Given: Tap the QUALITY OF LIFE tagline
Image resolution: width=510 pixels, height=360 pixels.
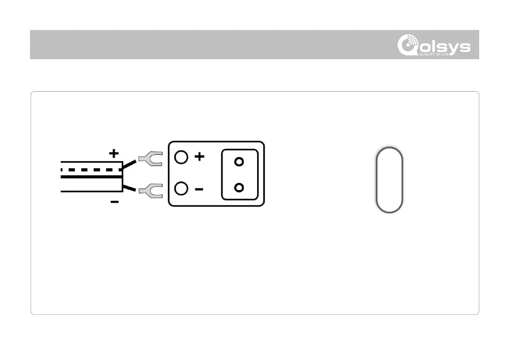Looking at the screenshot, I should (x=435, y=54).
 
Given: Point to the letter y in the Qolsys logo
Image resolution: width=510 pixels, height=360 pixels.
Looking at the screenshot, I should (x=450, y=47).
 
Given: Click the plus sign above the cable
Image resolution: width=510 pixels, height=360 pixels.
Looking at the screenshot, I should (x=114, y=154).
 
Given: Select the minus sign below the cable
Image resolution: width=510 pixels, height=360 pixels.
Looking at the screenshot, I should (x=114, y=202).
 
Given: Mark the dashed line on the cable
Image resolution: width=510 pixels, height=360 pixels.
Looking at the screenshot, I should (x=92, y=170).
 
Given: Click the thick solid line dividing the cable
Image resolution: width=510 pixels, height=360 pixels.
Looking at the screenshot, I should (x=92, y=177).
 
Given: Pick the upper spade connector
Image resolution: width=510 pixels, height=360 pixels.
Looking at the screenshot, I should (x=150, y=159).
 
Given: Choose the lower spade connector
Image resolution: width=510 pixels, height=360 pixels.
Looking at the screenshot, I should (x=150, y=191).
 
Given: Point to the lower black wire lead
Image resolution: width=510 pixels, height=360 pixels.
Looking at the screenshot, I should (x=130, y=188).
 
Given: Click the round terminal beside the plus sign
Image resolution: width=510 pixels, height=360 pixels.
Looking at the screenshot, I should (x=181, y=157).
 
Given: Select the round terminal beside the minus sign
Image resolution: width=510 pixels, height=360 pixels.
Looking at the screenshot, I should (x=181, y=189).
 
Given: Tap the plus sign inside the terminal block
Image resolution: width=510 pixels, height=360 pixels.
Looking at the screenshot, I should (x=200, y=157).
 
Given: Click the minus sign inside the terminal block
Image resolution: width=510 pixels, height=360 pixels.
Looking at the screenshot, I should (x=199, y=189).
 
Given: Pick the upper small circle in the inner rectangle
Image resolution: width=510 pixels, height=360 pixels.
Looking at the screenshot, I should (x=239, y=162).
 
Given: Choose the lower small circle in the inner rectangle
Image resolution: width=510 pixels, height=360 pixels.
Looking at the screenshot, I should (x=239, y=188).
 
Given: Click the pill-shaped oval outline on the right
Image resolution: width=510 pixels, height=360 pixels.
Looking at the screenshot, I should (x=389, y=180).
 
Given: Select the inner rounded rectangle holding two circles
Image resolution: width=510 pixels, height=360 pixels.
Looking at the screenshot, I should (x=240, y=175).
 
